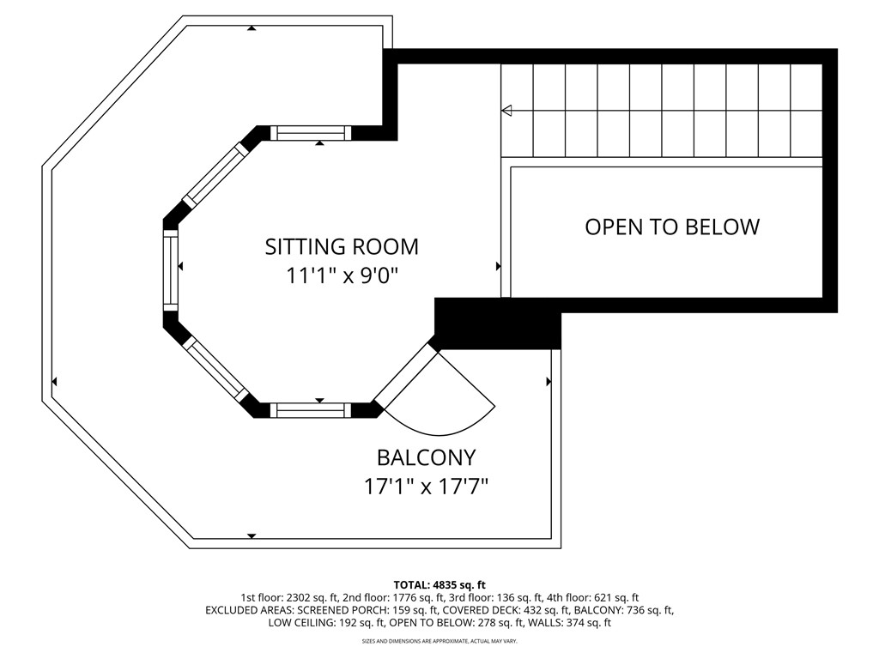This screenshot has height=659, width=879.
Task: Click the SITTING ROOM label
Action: coord(342,246)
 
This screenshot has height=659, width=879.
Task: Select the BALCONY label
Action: coord(426,458)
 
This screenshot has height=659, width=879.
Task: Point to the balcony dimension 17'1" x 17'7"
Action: coord(426,486)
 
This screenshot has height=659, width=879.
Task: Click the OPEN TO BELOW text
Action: coord(672,227)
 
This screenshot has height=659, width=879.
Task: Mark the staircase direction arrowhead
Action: coord(506,111)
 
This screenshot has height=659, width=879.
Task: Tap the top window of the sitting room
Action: coord(311,133)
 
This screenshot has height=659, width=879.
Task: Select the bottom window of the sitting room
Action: coord(311,410)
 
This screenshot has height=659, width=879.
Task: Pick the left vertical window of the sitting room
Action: coord(171,270)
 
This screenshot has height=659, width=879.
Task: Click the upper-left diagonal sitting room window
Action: coord(215,173)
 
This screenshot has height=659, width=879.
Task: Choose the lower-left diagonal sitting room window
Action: coord(215,369)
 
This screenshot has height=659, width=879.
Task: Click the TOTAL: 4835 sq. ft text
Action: coord(439,585)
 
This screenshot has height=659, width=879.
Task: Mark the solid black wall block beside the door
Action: coord(498,323)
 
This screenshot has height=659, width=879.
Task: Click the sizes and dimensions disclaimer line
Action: coord(439,640)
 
